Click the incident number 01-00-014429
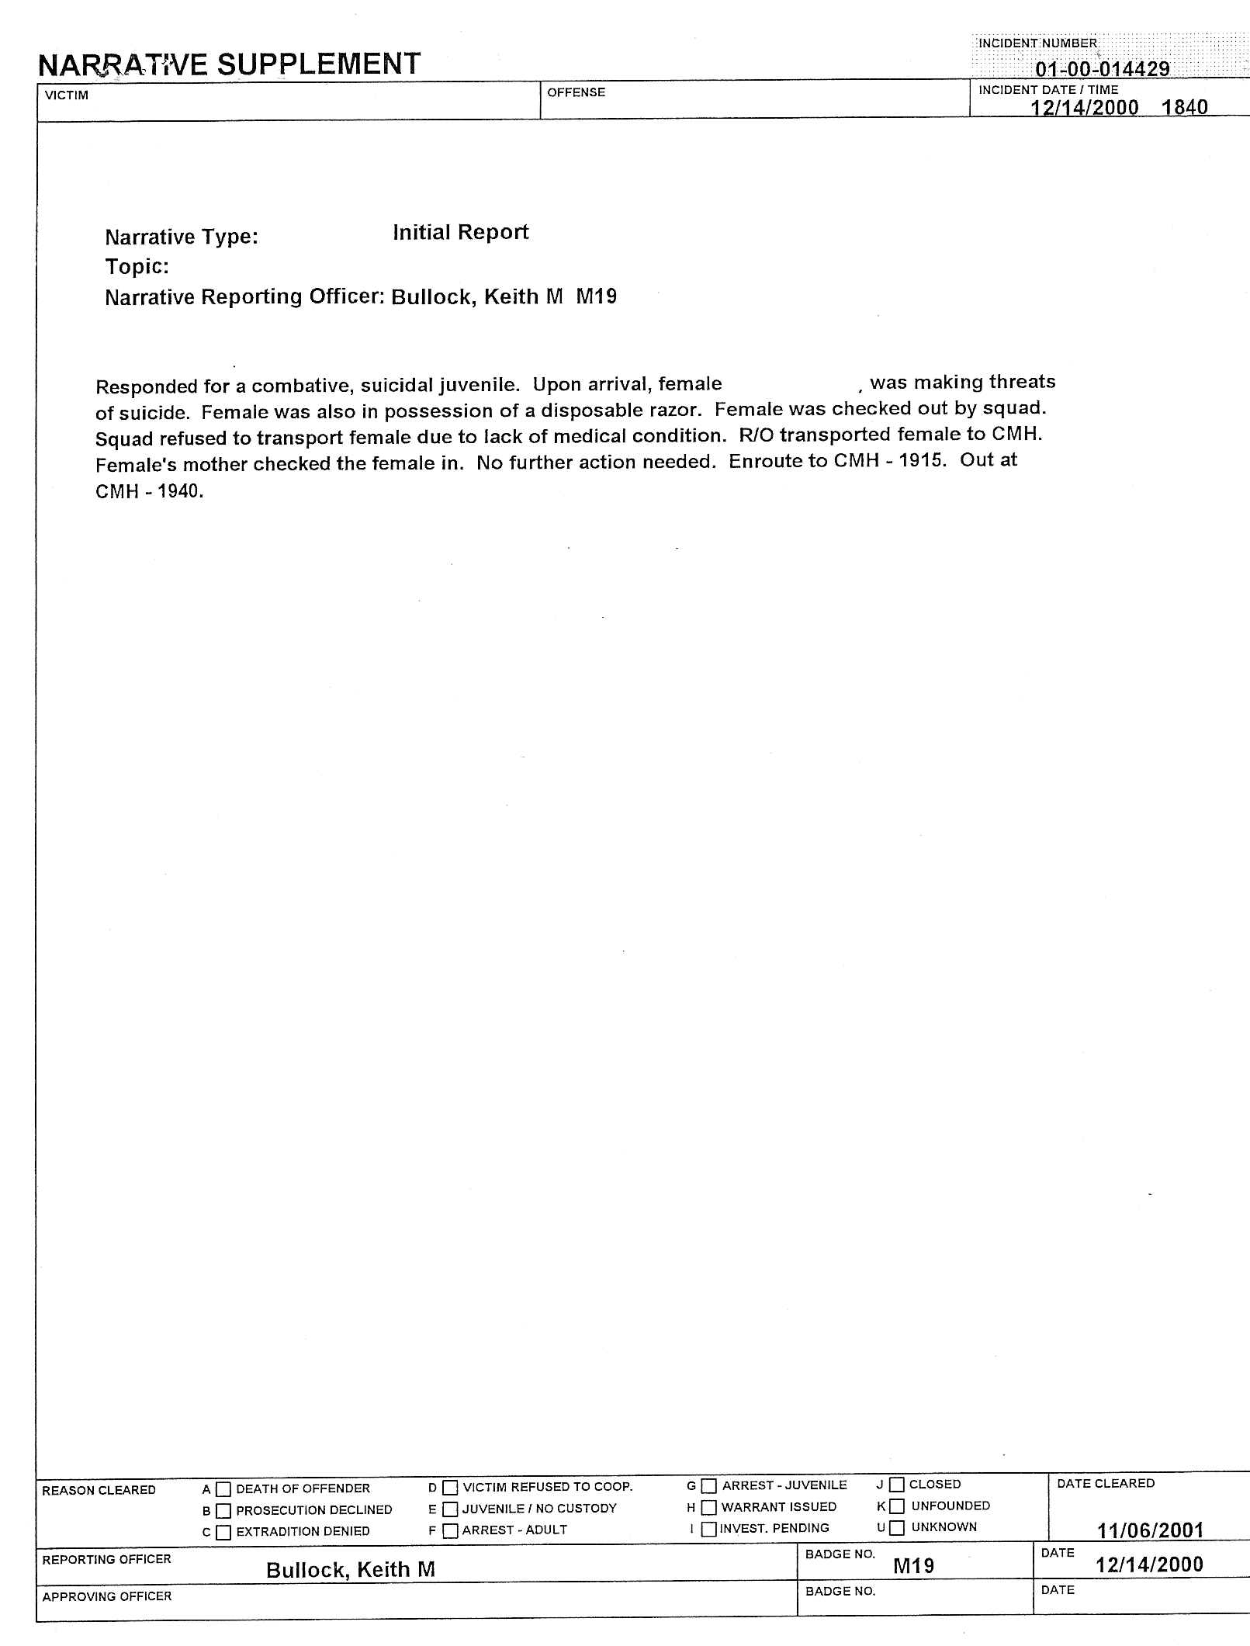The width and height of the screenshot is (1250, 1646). (1102, 69)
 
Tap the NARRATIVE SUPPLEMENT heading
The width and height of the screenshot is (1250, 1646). (230, 64)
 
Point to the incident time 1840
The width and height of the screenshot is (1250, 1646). (1184, 107)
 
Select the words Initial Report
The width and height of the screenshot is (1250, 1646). (460, 232)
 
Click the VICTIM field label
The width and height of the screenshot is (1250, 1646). (67, 95)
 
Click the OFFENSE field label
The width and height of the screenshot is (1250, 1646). (576, 92)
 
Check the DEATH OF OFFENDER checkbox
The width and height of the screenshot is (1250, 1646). (223, 1489)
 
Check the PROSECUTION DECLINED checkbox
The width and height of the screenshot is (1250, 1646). (223, 1511)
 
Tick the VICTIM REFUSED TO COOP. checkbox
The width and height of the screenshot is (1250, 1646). (450, 1488)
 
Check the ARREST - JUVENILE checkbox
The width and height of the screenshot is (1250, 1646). (708, 1486)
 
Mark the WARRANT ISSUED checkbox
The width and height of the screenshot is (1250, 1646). (708, 1507)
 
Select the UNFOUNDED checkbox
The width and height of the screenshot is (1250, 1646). (897, 1506)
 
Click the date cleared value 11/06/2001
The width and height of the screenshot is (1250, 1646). (1150, 1530)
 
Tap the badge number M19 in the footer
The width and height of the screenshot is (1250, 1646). (913, 1566)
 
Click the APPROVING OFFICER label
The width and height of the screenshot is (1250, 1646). (107, 1596)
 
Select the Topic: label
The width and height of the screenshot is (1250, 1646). (137, 267)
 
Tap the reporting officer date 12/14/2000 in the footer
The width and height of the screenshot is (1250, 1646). (1149, 1565)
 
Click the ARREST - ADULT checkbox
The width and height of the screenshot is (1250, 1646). (450, 1531)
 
